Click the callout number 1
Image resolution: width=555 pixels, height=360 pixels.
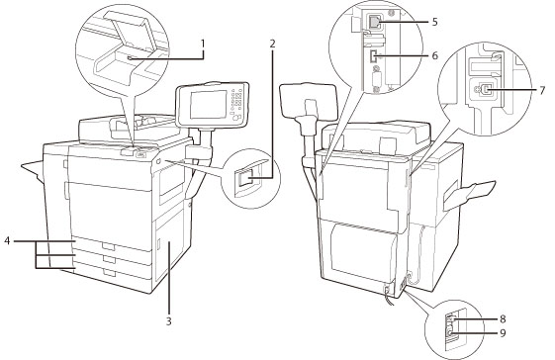point(203,44)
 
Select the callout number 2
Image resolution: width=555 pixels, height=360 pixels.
point(272,44)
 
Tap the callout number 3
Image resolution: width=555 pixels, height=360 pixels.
point(169,321)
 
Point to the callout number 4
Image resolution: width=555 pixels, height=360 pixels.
point(7,241)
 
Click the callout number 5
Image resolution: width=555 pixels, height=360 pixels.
point(434,22)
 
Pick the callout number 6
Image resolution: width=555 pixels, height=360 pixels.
point(434,55)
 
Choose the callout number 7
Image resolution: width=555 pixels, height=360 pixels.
point(542,90)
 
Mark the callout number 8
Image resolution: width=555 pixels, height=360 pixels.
point(503,318)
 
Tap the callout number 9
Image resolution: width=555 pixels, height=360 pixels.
point(503,333)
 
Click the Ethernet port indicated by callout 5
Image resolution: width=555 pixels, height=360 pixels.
point(374,23)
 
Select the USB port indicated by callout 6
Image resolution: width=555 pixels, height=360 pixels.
point(372,57)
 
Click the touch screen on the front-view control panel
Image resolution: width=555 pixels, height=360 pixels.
point(209,104)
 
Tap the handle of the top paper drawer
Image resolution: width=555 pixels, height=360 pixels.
point(109,246)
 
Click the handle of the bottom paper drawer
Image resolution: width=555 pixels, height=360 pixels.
point(110,273)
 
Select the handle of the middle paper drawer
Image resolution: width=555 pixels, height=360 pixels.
point(110,259)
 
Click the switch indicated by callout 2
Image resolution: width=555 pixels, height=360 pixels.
point(246,177)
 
